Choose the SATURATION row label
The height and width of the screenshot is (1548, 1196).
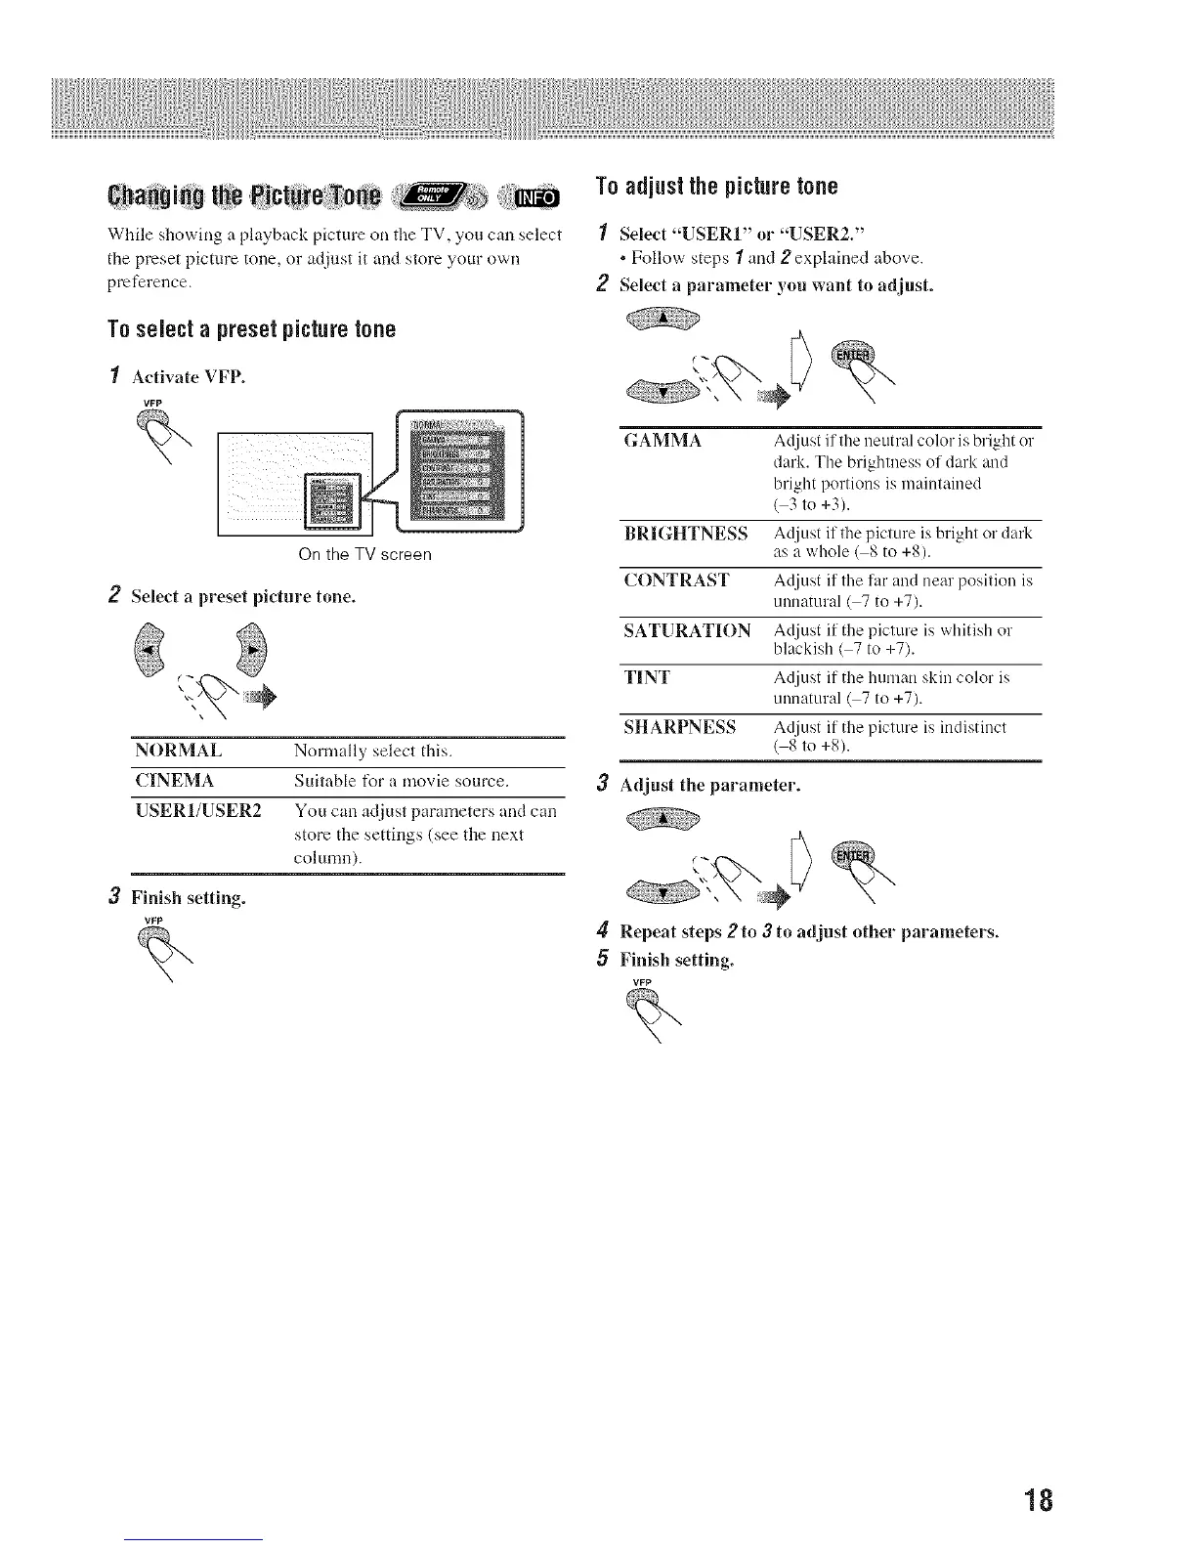[x=687, y=630]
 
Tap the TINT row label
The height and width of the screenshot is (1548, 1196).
[x=645, y=677]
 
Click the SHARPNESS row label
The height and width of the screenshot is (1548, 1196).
[x=679, y=728]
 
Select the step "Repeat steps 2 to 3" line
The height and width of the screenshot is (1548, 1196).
[x=809, y=931]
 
